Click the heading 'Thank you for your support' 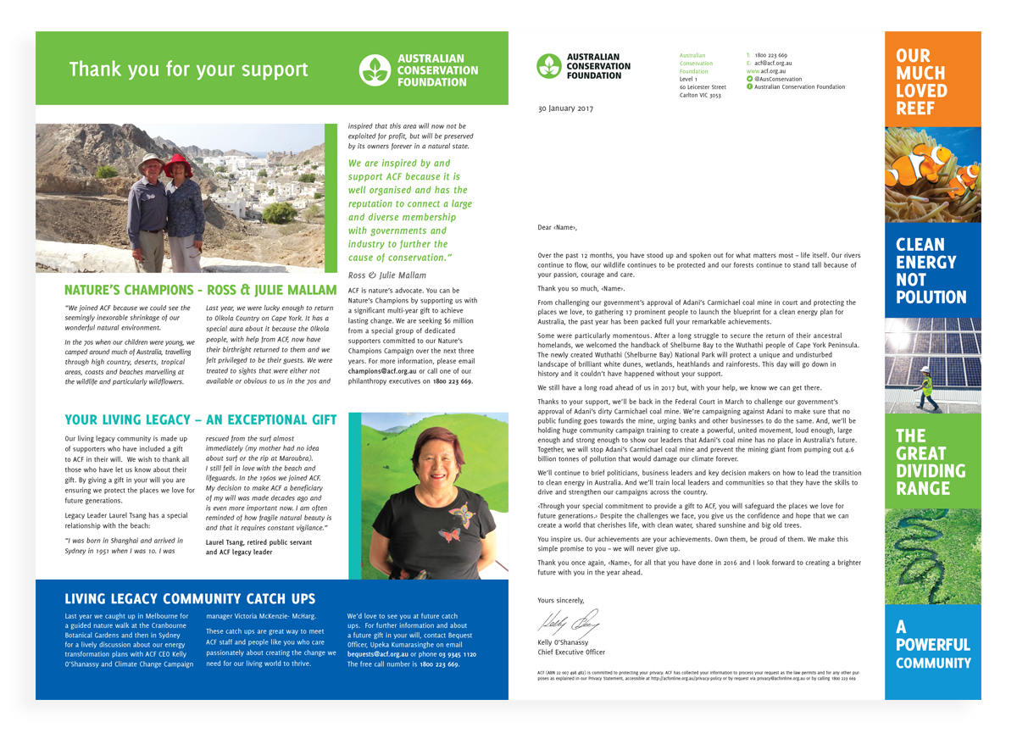coord(188,69)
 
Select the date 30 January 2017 coord(565,108)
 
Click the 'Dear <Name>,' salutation coord(557,227)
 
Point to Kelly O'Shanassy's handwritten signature coord(570,625)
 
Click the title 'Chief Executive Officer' coord(571,652)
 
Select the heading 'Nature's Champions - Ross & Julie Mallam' coord(200,291)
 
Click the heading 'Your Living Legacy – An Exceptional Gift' coord(200,419)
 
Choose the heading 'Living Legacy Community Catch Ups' coord(190,598)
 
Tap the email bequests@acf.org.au coord(378,655)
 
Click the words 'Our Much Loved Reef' coord(921,82)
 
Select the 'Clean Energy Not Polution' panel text coord(931,271)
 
